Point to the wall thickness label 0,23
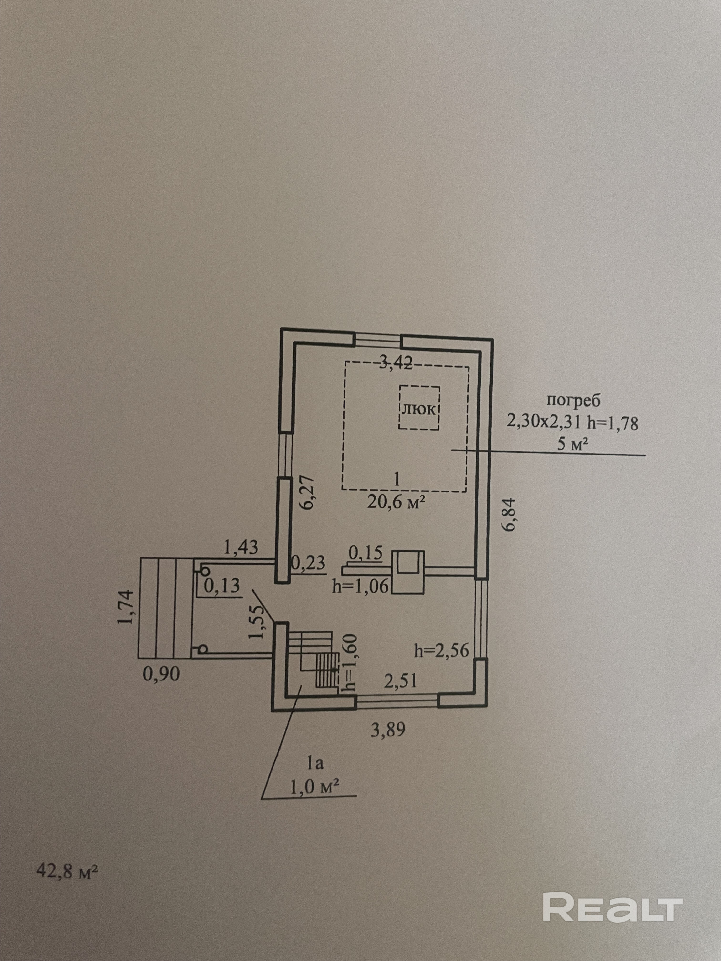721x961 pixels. click(x=308, y=563)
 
